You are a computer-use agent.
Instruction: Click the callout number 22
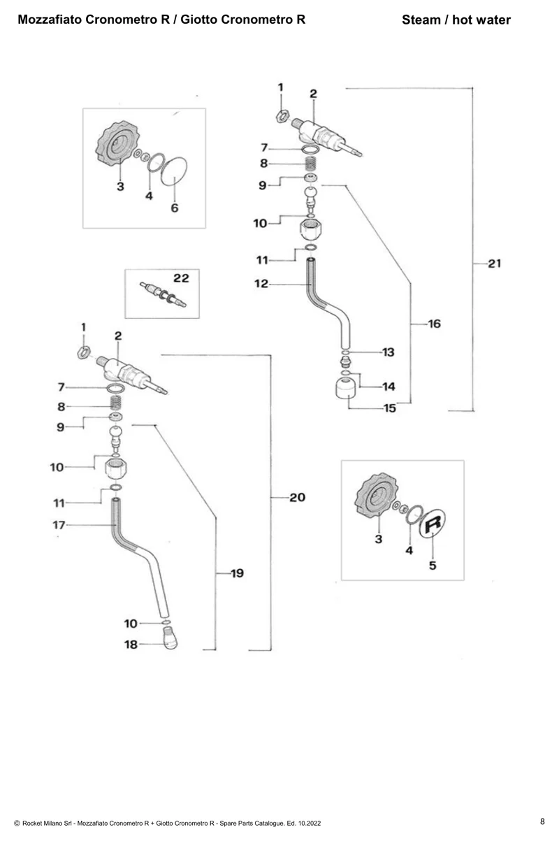pyautogui.click(x=181, y=278)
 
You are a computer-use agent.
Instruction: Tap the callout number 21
pyautogui.click(x=495, y=264)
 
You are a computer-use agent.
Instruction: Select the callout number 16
pyautogui.click(x=434, y=324)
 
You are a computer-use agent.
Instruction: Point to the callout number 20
pyautogui.click(x=297, y=498)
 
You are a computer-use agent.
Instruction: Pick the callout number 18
pyautogui.click(x=131, y=645)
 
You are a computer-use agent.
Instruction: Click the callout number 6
pyautogui.click(x=175, y=208)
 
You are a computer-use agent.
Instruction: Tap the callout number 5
pyautogui.click(x=433, y=566)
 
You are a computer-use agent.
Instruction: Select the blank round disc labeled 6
pyautogui.click(x=174, y=171)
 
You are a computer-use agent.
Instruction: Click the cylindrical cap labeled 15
pyautogui.click(x=347, y=388)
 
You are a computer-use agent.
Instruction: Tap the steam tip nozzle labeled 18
pyautogui.click(x=170, y=638)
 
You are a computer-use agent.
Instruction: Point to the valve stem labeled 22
pyautogui.click(x=163, y=295)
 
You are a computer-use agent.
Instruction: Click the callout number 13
pyautogui.click(x=389, y=352)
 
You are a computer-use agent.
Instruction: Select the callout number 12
pyautogui.click(x=261, y=284)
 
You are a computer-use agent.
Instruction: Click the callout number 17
pyautogui.click(x=59, y=525)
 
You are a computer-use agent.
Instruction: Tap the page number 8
pyautogui.click(x=542, y=821)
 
